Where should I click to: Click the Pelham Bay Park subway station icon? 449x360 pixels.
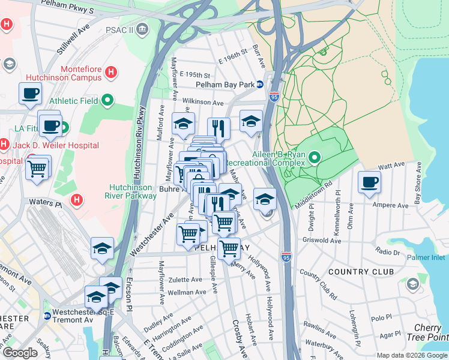pyautogui.click(x=260, y=85)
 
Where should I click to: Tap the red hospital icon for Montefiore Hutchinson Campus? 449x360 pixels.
pyautogui.click(x=110, y=73)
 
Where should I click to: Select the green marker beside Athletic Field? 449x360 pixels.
pyautogui.click(x=107, y=100)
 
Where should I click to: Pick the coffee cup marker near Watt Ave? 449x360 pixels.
pyautogui.click(x=369, y=182)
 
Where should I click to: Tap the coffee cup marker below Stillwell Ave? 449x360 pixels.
pyautogui.click(x=30, y=94)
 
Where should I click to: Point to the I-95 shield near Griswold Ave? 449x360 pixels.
pyautogui.click(x=286, y=257)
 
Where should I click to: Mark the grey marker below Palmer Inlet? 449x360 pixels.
pyautogui.click(x=412, y=283)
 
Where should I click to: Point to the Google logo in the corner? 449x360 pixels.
pyautogui.click(x=20, y=353)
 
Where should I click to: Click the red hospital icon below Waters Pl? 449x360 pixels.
pyautogui.click(x=76, y=200)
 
